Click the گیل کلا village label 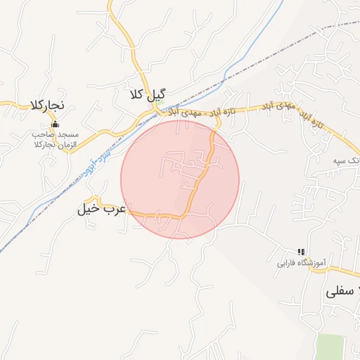point(148,94)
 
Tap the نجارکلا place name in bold point(47,105)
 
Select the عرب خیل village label point(101,209)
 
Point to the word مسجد point(69,134)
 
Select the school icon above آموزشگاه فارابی point(301,252)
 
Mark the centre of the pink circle point(180,179)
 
